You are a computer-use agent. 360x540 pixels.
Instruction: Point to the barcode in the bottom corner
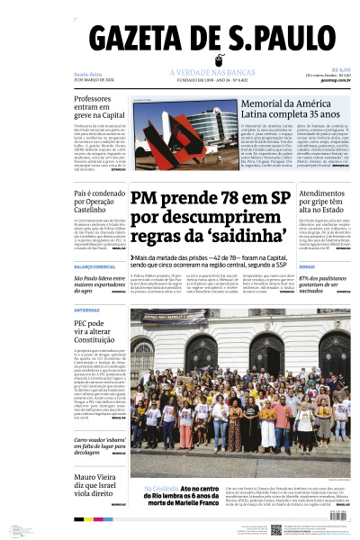[19, 530]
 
